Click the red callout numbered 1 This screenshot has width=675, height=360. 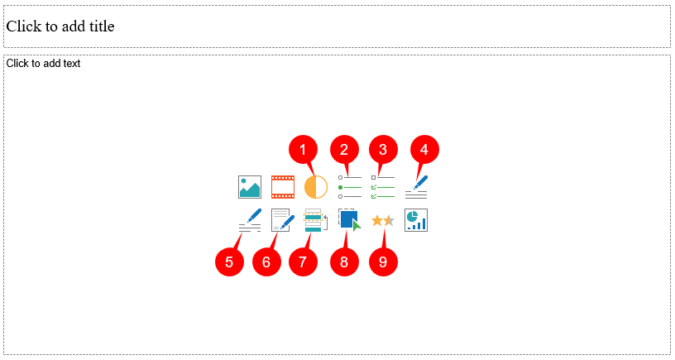pyautogui.click(x=303, y=150)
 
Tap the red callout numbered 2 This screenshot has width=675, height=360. pyautogui.click(x=344, y=150)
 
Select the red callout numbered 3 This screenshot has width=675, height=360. pyautogui.click(x=382, y=150)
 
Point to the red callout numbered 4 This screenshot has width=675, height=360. pyautogui.click(x=424, y=150)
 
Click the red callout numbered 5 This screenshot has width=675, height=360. pyautogui.click(x=229, y=262)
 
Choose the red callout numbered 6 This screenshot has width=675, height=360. pyautogui.click(x=266, y=262)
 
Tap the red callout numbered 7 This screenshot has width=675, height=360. pyautogui.click(x=303, y=262)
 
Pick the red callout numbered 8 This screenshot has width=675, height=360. pyautogui.click(x=344, y=262)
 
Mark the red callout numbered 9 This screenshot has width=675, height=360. pyautogui.click(x=382, y=262)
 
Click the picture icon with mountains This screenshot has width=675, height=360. pyautogui.click(x=250, y=187)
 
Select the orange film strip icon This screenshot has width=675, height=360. pyautogui.click(x=283, y=187)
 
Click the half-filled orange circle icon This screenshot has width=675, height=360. pyautogui.click(x=316, y=187)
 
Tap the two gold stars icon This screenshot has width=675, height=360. pyautogui.click(x=382, y=220)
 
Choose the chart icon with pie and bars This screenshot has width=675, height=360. pyautogui.click(x=416, y=220)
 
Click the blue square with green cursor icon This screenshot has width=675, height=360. pyautogui.click(x=350, y=220)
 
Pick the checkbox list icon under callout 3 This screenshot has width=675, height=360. pyautogui.click(x=382, y=187)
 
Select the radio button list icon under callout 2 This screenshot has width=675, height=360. pyautogui.click(x=349, y=187)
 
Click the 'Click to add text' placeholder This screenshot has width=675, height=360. pyautogui.click(x=43, y=63)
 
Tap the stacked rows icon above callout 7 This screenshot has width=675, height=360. pyautogui.click(x=314, y=220)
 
